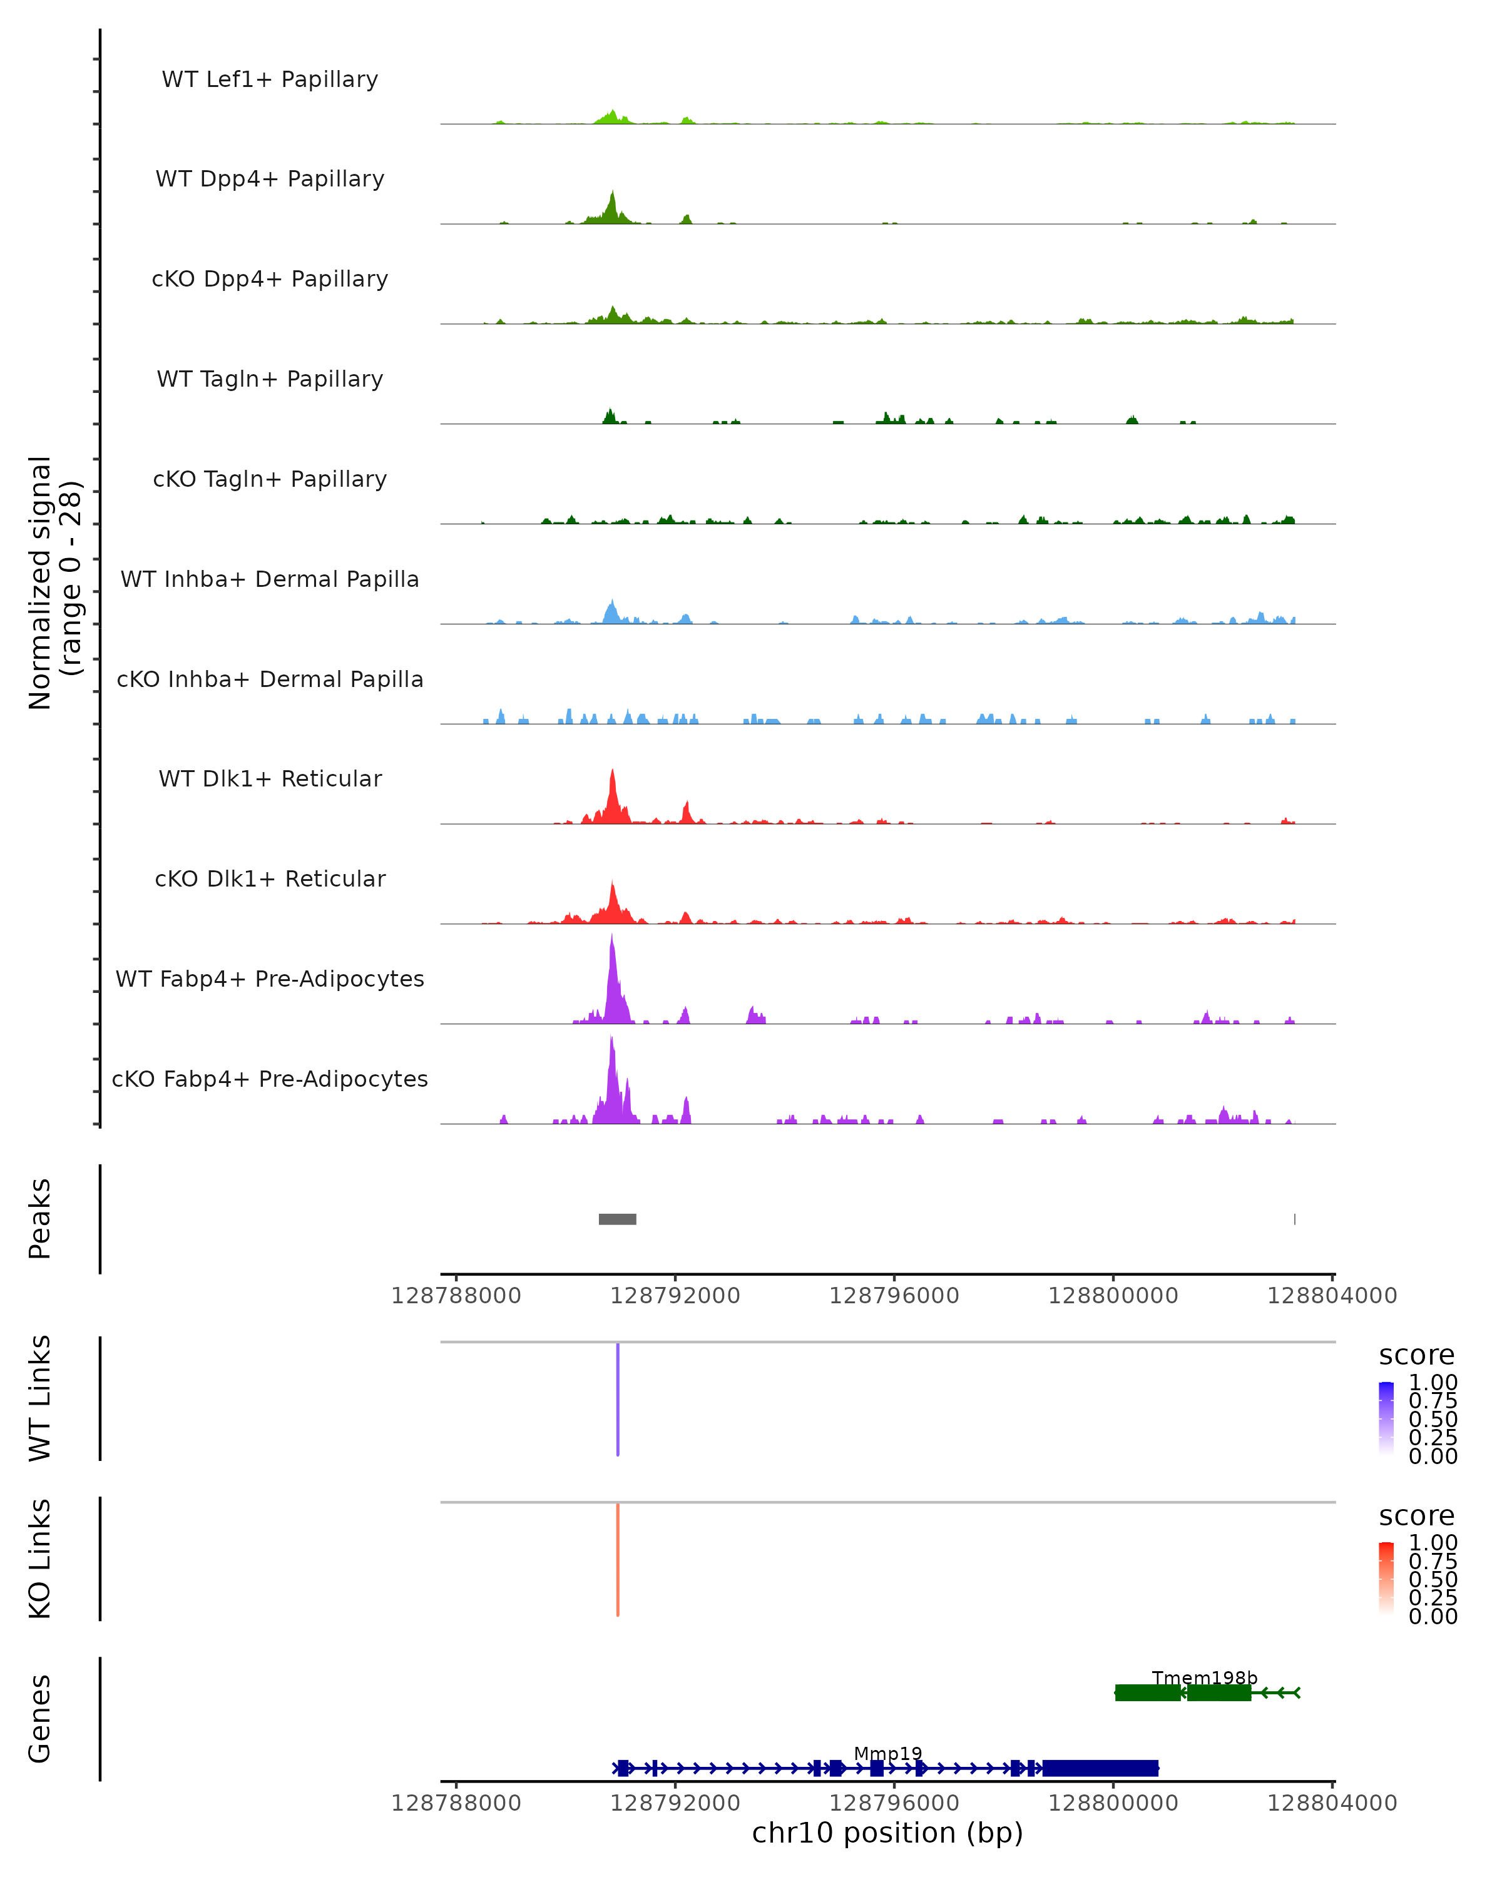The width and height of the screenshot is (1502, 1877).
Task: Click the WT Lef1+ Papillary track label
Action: point(270,79)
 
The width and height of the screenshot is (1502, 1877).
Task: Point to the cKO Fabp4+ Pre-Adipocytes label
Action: point(270,1079)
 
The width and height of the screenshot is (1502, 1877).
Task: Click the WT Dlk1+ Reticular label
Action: point(270,779)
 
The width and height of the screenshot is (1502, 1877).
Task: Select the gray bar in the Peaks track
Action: point(617,1219)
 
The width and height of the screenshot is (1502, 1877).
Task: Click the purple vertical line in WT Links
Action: point(617,1399)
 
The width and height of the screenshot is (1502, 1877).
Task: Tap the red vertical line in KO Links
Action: point(617,1559)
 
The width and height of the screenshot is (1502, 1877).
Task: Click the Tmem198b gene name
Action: point(1204,1677)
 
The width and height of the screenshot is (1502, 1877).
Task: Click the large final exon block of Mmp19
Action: point(1101,1768)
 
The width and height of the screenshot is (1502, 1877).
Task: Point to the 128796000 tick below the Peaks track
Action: point(894,1296)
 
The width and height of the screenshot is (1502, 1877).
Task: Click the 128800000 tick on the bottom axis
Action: point(1113,1803)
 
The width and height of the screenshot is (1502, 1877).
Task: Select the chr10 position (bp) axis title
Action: point(887,1833)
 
